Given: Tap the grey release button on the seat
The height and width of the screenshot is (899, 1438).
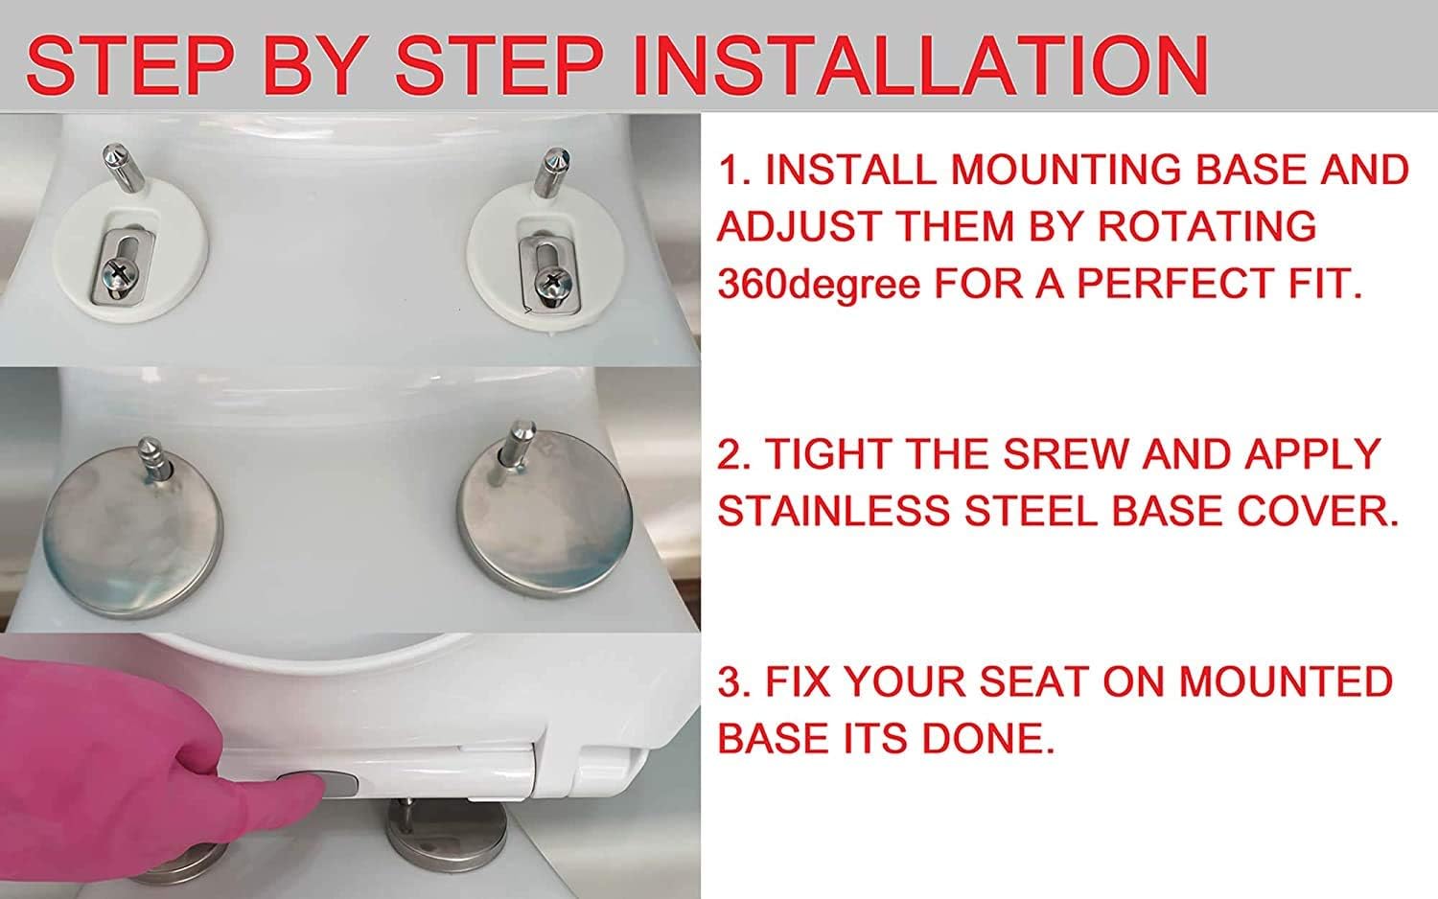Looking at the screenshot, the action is [x=324, y=784].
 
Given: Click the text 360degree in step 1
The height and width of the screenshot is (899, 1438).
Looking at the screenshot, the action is [x=819, y=284].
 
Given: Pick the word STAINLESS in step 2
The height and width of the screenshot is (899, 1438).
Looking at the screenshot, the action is [x=835, y=512].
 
